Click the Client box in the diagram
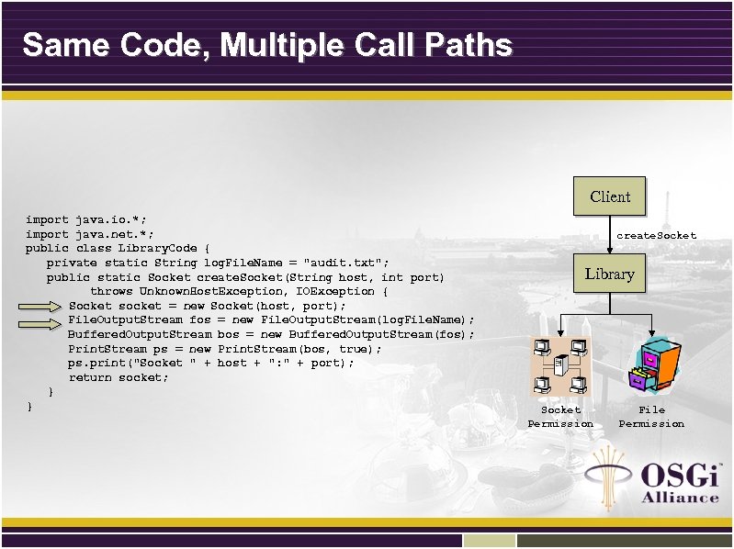coord(610,196)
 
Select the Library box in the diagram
coord(610,274)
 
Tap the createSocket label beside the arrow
coord(656,236)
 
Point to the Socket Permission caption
coord(560,417)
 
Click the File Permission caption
coord(651,417)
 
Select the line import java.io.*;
coord(85,220)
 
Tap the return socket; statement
coord(119,377)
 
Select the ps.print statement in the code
coord(209,363)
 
